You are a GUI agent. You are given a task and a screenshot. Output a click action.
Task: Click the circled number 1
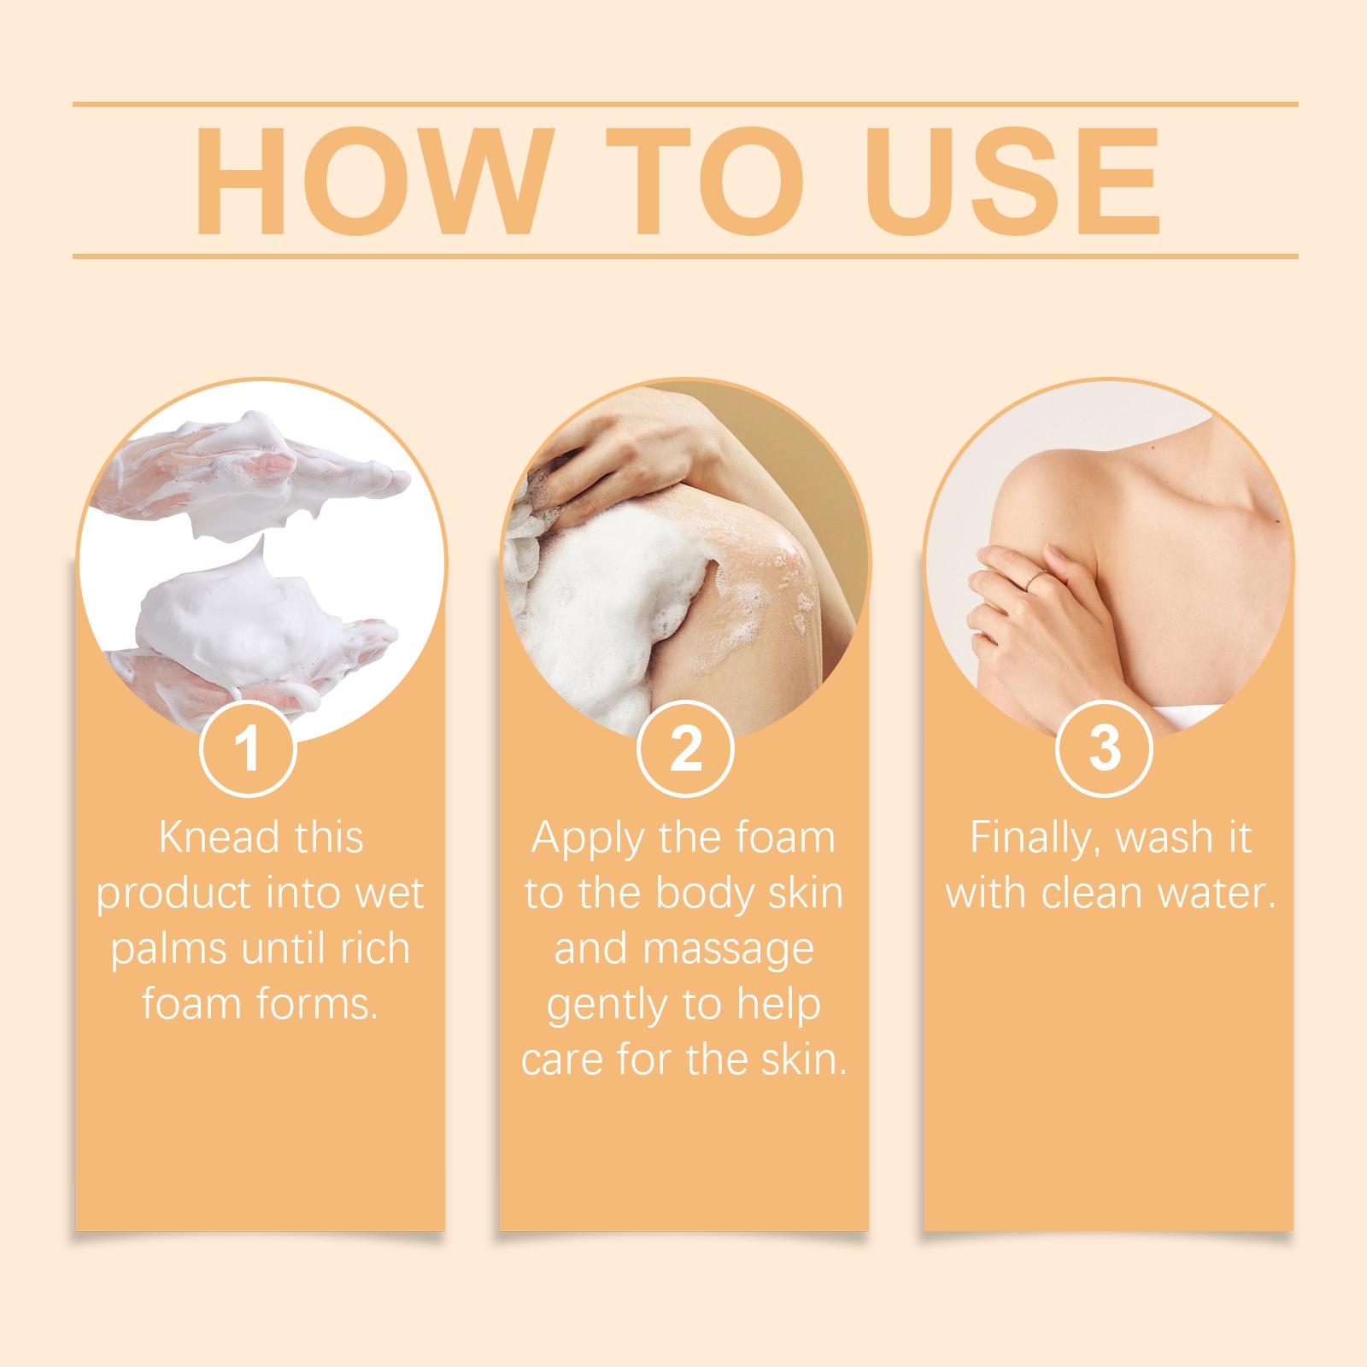coord(248,748)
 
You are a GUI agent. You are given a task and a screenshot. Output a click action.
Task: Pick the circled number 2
coord(685,748)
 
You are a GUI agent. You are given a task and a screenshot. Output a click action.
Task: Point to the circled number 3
coord(1105,748)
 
